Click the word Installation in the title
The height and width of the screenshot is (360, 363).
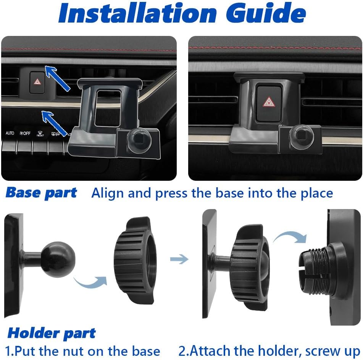(x=137, y=13)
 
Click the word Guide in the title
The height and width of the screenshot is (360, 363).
(x=266, y=13)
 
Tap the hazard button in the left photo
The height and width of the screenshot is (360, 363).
(x=37, y=82)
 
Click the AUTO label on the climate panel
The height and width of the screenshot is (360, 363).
(x=10, y=133)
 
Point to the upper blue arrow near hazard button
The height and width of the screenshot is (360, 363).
(x=57, y=78)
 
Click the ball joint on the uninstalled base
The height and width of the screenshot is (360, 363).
(x=139, y=140)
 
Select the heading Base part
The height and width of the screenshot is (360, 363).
(x=41, y=193)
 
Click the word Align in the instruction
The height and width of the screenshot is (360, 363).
(x=107, y=193)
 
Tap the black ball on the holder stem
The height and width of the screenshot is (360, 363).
(x=58, y=259)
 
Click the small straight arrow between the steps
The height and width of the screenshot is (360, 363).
(x=179, y=259)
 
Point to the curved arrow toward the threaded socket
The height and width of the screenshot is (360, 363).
(x=290, y=237)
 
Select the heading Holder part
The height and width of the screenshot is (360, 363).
(x=52, y=334)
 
